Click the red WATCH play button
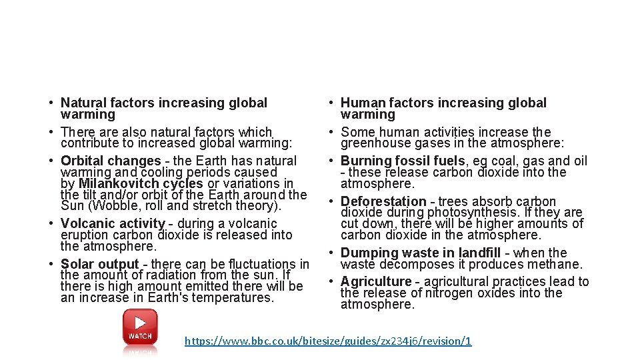tap(140, 327)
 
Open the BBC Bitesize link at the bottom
tap(328, 341)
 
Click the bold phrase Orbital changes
tap(111, 161)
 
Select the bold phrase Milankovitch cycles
tap(141, 183)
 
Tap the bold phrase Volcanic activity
tap(113, 223)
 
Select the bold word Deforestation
tap(383, 201)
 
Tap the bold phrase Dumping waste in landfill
tap(421, 253)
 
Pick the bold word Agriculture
tap(376, 281)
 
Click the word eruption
tap(83, 235)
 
